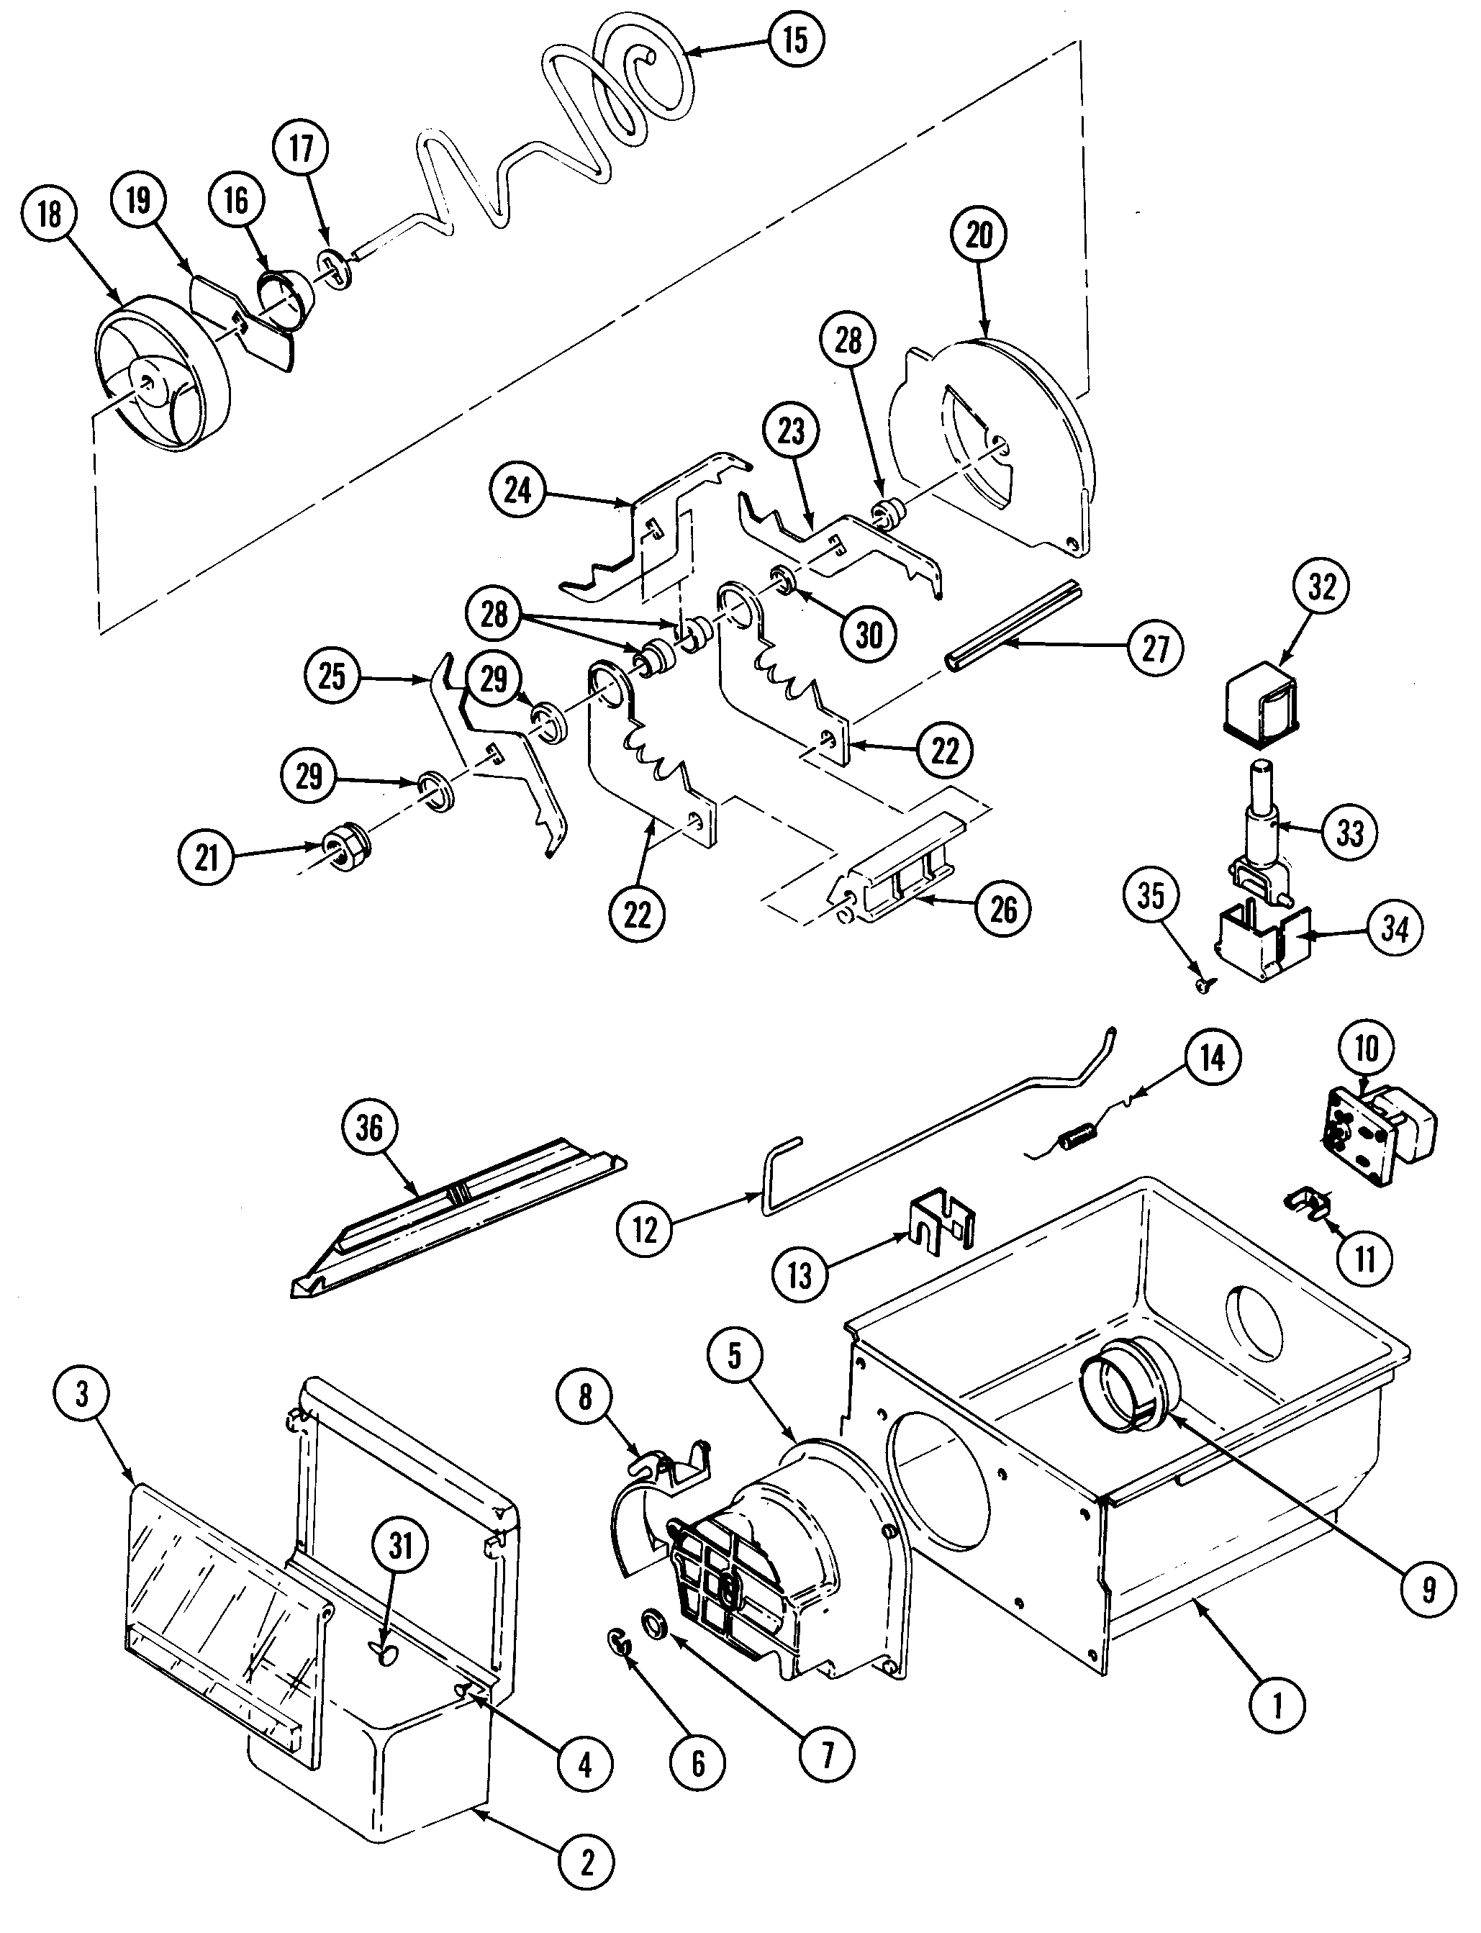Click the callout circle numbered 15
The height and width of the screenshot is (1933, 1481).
tap(795, 40)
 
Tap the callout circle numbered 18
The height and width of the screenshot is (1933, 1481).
tap(50, 214)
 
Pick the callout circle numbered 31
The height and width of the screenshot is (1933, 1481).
tap(401, 1545)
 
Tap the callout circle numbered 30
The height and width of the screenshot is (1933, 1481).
tap(869, 633)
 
